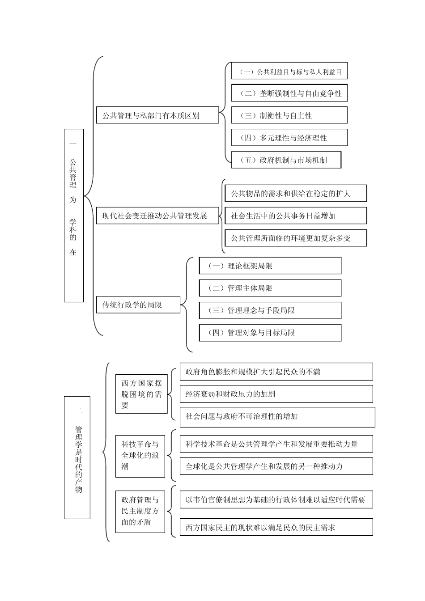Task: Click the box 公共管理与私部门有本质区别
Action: pos(157,115)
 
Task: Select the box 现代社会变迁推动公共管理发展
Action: pos(157,216)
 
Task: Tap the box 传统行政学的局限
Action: pos(138,305)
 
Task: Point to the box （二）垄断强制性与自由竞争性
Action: pos(289,93)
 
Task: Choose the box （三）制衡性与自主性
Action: pos(289,115)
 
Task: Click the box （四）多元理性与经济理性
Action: pos(289,138)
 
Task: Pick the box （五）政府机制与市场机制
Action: pos(286,160)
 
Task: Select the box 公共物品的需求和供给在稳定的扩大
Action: pos(295,194)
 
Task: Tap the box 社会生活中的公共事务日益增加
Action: pos(295,216)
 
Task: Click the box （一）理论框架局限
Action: pos(270,266)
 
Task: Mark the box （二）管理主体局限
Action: pos(270,288)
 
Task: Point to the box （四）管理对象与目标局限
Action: pos(270,333)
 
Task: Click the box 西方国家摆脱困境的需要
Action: pos(141,394)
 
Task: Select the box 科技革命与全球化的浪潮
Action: pos(140,455)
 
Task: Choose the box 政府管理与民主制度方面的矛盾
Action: pos(140,511)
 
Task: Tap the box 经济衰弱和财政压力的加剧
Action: pos(276,394)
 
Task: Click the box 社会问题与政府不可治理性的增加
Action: pos(277,416)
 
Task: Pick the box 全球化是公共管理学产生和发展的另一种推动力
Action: pos(276,466)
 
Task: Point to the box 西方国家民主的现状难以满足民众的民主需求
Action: pos(276,527)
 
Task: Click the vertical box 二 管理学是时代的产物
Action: pos(77,457)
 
